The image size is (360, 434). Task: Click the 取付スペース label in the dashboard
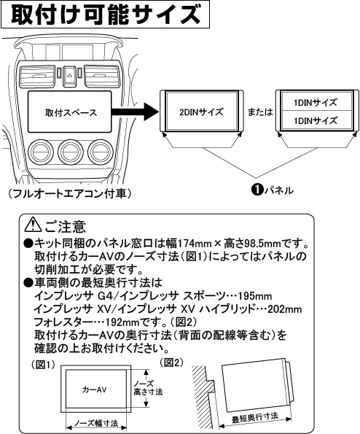60,115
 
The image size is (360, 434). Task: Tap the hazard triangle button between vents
67,74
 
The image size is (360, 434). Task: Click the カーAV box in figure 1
91,390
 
